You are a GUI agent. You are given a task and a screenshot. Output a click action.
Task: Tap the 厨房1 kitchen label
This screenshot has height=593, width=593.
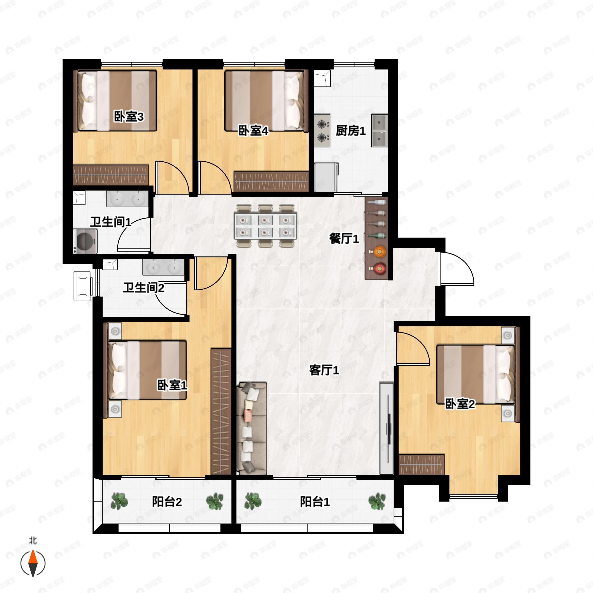351,131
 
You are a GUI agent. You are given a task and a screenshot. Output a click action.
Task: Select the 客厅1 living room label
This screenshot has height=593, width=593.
324,370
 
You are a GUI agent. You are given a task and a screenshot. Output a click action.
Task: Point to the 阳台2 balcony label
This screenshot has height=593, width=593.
167,502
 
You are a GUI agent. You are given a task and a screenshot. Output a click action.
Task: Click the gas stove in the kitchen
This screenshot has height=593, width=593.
322,131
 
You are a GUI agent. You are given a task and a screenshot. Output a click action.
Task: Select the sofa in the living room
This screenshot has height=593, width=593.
252,428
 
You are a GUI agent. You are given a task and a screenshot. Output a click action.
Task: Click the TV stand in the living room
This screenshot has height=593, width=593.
386,428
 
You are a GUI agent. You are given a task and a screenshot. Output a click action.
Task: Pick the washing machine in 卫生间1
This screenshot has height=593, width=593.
85,241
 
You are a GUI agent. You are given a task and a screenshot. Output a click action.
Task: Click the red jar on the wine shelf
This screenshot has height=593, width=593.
380,269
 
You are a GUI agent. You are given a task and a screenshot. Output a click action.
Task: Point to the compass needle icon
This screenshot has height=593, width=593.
33,563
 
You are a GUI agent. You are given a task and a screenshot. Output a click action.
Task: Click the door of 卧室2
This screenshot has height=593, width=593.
412,348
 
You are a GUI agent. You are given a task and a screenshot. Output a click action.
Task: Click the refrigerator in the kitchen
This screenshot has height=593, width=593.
326,177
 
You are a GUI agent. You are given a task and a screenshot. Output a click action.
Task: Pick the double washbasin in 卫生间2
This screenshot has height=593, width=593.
163,267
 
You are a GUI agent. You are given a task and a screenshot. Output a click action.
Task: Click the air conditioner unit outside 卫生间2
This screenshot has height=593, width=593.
82,286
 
